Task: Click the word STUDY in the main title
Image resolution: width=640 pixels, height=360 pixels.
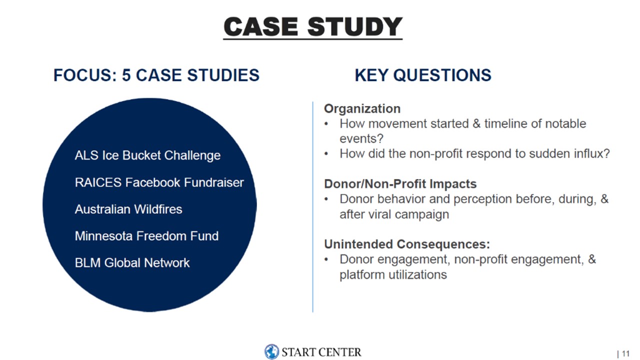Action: [354, 26]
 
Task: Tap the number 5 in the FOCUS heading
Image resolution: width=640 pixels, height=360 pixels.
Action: [126, 75]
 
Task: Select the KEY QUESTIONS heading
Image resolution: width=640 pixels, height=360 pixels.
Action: [423, 75]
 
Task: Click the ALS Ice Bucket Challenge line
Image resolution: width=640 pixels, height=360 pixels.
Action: [147, 155]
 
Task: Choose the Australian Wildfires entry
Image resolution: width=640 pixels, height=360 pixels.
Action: [128, 209]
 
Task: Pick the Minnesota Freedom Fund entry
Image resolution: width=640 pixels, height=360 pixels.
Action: [146, 236]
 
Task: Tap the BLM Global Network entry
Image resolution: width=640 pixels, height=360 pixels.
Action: [132, 263]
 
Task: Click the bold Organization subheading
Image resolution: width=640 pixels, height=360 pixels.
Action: [362, 109]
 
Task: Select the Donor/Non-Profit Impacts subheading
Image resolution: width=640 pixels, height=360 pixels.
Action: [400, 183]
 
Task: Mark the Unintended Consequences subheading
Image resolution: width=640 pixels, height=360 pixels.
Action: [407, 244]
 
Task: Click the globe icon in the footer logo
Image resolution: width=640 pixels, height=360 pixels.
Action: [271, 351]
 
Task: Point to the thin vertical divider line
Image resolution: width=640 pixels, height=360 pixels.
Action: [313, 207]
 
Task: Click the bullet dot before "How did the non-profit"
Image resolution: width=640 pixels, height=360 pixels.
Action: [326, 154]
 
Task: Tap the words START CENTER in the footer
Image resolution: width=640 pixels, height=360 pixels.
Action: [321, 352]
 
